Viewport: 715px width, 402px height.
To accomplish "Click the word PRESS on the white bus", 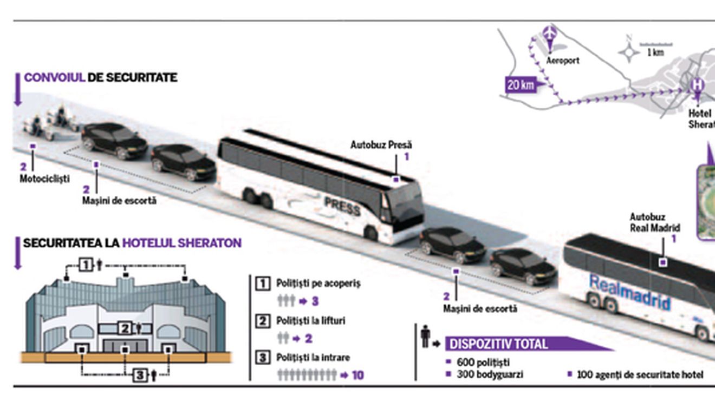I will click(x=342, y=206).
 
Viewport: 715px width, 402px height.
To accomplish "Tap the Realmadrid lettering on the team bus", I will click(x=629, y=293).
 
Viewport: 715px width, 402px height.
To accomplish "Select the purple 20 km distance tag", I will click(x=520, y=85).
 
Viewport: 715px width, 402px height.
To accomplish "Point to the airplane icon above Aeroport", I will click(x=550, y=33).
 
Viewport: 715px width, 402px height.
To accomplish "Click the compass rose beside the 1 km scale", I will click(x=629, y=52).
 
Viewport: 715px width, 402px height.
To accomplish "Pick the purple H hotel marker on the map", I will click(x=698, y=84).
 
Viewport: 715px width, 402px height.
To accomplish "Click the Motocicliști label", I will click(x=45, y=179).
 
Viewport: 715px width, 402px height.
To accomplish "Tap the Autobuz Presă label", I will click(x=381, y=145).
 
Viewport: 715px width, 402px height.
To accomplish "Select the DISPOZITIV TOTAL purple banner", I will click(x=498, y=344).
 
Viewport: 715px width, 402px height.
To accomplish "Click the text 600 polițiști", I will click(x=483, y=362).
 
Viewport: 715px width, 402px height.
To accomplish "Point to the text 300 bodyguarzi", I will click(x=490, y=374).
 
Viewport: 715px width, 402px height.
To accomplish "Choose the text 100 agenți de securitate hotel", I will click(x=640, y=374).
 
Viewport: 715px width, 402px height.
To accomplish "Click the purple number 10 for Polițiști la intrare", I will click(x=357, y=375).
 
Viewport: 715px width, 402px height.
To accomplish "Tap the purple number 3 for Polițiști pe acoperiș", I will click(x=315, y=301).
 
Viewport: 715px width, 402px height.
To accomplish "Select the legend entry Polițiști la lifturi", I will click(x=310, y=321).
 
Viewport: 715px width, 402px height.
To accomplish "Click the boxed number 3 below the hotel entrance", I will click(x=140, y=375).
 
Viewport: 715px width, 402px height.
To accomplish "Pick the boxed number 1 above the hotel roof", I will click(x=86, y=265).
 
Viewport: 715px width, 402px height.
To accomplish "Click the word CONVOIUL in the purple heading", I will click(x=54, y=78).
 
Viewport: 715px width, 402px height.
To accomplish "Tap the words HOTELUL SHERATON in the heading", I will click(x=182, y=243).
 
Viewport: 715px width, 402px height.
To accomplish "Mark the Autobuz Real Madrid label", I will click(x=654, y=222).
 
